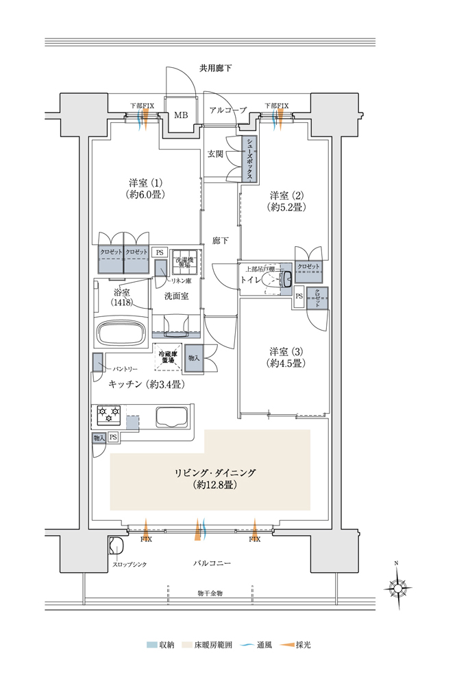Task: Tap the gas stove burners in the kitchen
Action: (x=109, y=414)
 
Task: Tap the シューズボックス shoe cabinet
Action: (x=250, y=158)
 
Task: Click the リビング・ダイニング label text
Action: (x=214, y=473)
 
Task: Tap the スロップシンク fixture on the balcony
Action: (x=117, y=547)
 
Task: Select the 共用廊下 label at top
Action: (x=215, y=68)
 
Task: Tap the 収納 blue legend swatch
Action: (x=151, y=645)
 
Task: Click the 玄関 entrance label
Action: (x=216, y=154)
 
